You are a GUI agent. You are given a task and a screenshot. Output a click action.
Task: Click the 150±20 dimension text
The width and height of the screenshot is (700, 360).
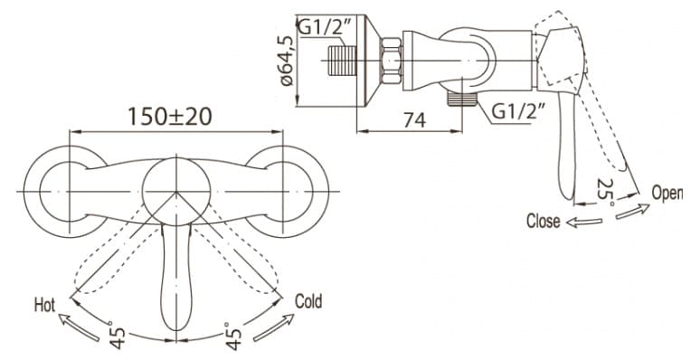(x=170, y=117)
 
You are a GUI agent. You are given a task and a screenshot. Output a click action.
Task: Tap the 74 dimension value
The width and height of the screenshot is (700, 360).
(x=415, y=119)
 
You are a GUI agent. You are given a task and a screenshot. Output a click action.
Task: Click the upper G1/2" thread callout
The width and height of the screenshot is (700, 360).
(x=325, y=28)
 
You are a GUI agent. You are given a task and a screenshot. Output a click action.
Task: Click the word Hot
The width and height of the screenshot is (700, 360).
(x=44, y=305)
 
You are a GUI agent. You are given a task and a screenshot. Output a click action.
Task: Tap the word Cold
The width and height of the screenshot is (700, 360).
(x=308, y=302)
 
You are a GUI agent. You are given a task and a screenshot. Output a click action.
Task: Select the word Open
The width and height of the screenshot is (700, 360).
(x=667, y=193)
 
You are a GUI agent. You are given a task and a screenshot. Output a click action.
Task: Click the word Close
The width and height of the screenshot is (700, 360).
(x=543, y=221)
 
